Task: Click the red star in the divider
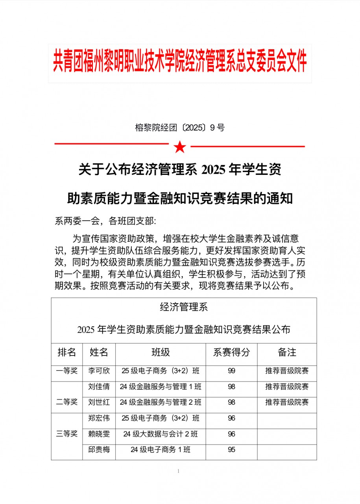180,147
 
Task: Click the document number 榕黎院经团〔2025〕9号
180,128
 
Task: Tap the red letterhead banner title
180,63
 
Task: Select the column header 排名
67,352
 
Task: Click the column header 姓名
99,352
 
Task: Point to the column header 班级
161,352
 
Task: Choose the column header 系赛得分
231,352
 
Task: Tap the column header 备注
287,352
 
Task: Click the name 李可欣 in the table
99,371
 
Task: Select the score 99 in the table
231,371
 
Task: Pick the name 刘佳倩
99,387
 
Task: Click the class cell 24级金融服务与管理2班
161,402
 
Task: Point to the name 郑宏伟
99,418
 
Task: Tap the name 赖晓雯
99,434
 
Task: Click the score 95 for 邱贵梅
231,450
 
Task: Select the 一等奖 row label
67,371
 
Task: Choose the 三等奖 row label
67,434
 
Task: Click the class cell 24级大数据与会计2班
161,434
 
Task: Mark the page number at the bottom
179,471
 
